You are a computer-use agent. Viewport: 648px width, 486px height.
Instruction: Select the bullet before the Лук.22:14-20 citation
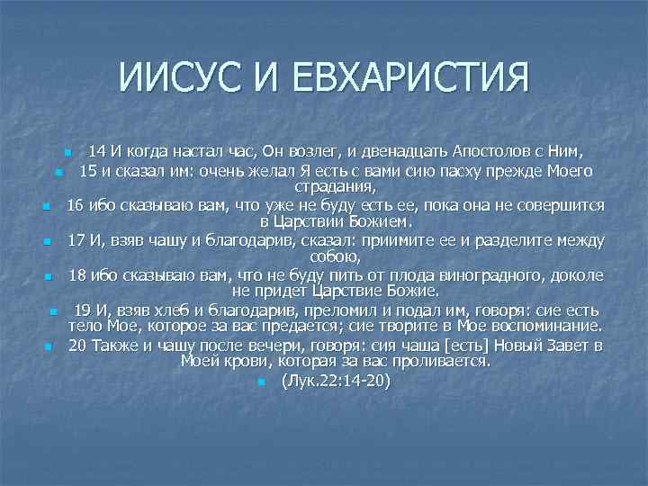(259, 382)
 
